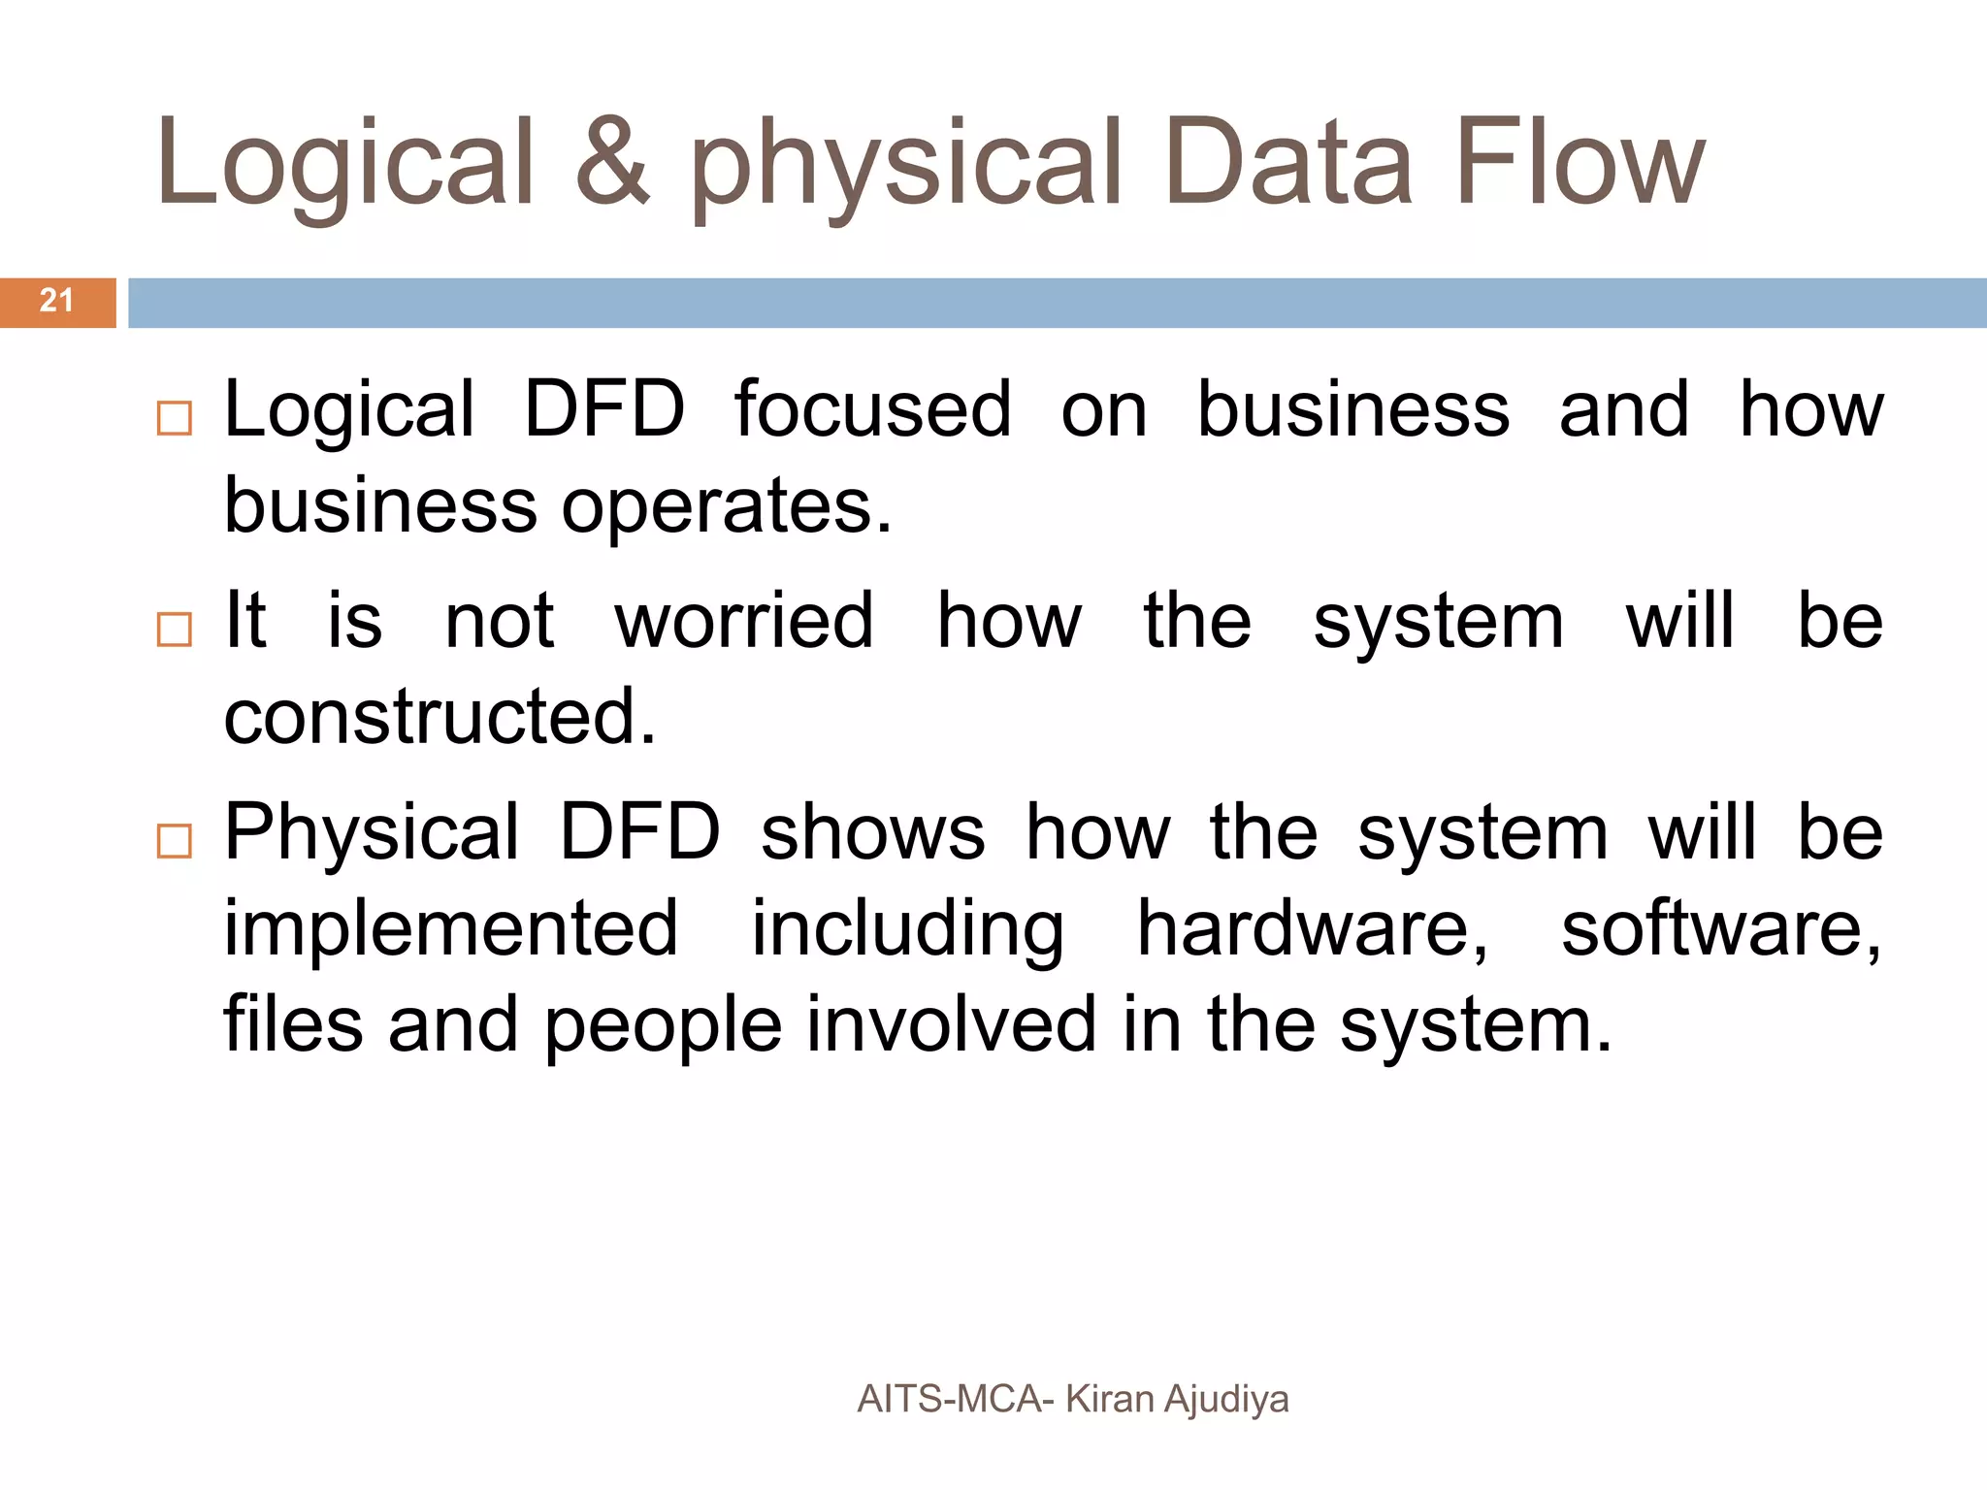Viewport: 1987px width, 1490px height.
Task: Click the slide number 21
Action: pyautogui.click(x=56, y=301)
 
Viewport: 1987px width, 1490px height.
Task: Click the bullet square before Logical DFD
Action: pyautogui.click(x=175, y=419)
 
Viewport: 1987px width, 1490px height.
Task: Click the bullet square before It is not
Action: pyautogui.click(x=175, y=630)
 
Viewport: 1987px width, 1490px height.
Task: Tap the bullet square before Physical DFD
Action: pyautogui.click(x=175, y=841)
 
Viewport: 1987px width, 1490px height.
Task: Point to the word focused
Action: pyautogui.click(x=872, y=409)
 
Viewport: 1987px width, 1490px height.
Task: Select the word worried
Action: pyautogui.click(x=744, y=621)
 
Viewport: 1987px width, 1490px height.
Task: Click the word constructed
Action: pyautogui.click(x=440, y=716)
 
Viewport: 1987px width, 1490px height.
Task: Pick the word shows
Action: pyautogui.click(x=872, y=832)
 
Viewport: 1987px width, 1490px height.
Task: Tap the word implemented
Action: pyautogui.click(x=451, y=929)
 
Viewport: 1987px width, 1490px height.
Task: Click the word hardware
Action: pyautogui.click(x=1310, y=929)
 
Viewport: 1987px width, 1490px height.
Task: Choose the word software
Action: pyautogui.click(x=1719, y=929)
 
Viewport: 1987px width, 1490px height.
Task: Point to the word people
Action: pyautogui.click(x=663, y=1026)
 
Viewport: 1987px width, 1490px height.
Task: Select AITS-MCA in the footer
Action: pyautogui.click(x=949, y=1399)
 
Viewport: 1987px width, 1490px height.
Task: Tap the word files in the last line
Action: pyautogui.click(x=293, y=1024)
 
